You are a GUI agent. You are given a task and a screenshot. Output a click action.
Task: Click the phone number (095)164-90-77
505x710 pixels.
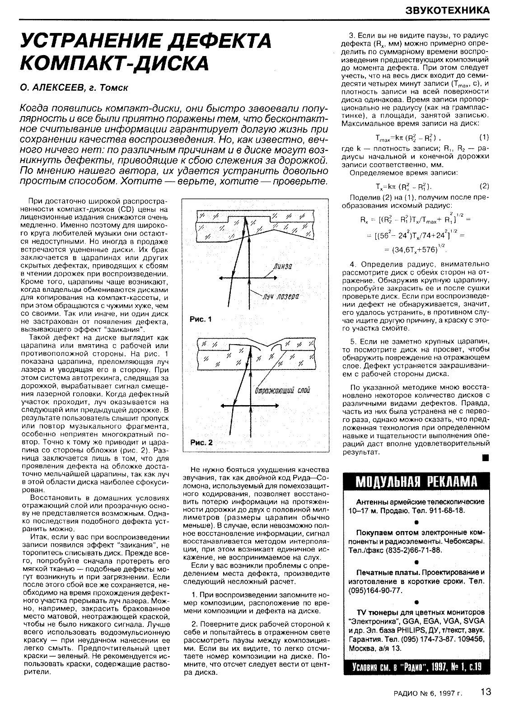point(374,590)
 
